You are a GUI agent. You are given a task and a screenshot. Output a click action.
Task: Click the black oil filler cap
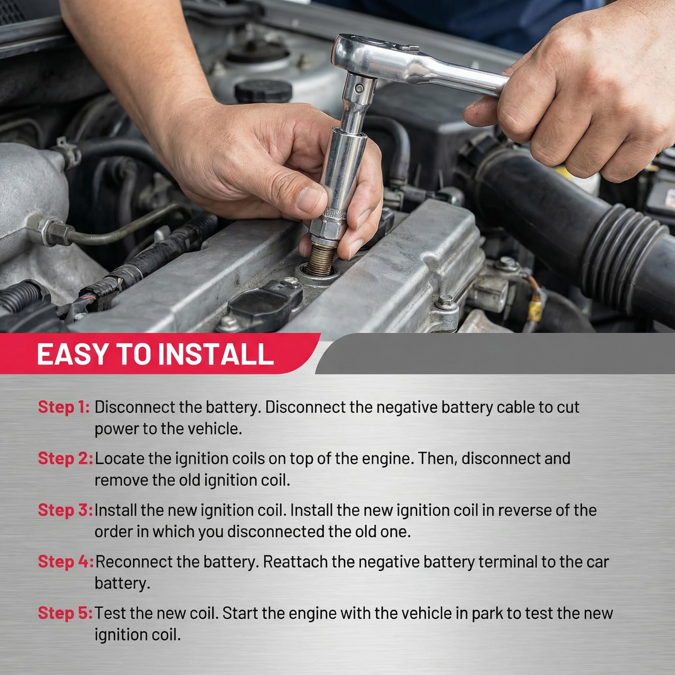pos(263,91)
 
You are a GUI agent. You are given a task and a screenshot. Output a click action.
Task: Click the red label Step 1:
pos(64,407)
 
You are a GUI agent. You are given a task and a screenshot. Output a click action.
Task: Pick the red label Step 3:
pos(65,510)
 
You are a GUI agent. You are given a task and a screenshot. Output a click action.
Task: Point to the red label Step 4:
pos(65,561)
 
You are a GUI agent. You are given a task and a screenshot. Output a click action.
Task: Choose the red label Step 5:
pos(65,613)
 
